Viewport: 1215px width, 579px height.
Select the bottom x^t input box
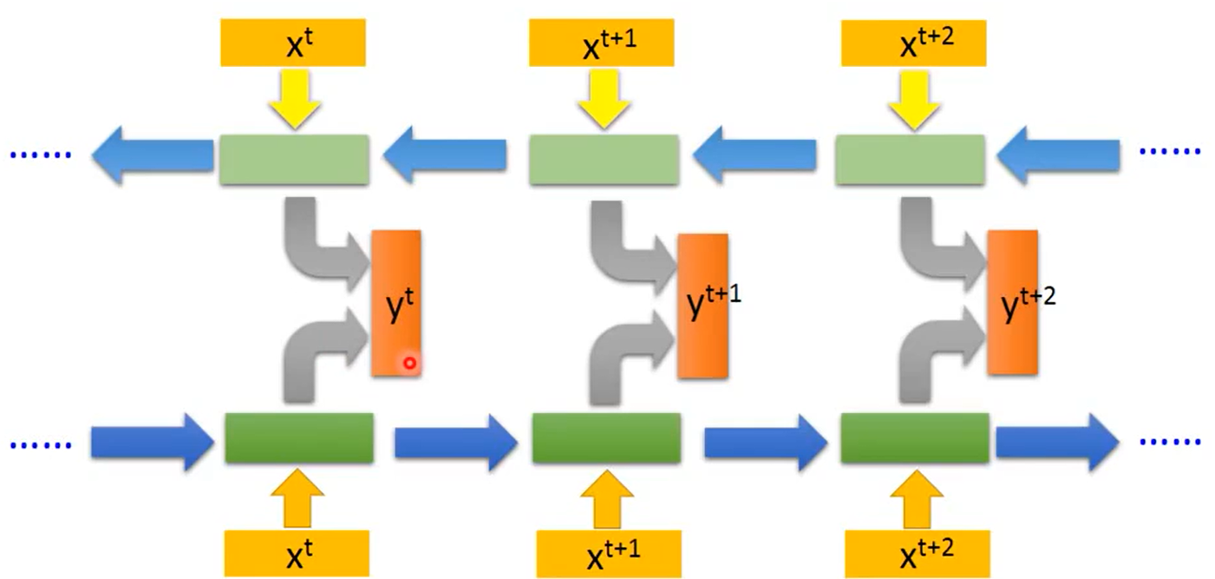(x=297, y=553)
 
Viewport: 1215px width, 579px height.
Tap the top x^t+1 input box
(x=601, y=42)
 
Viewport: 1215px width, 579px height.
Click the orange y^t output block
(x=396, y=303)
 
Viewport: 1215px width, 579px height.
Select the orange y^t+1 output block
(x=703, y=306)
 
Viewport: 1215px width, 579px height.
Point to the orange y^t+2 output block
(x=1012, y=303)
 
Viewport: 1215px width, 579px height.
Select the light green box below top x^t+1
(x=604, y=160)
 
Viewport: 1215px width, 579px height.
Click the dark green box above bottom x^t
(x=299, y=438)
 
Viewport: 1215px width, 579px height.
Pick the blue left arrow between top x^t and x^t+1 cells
(x=444, y=156)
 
